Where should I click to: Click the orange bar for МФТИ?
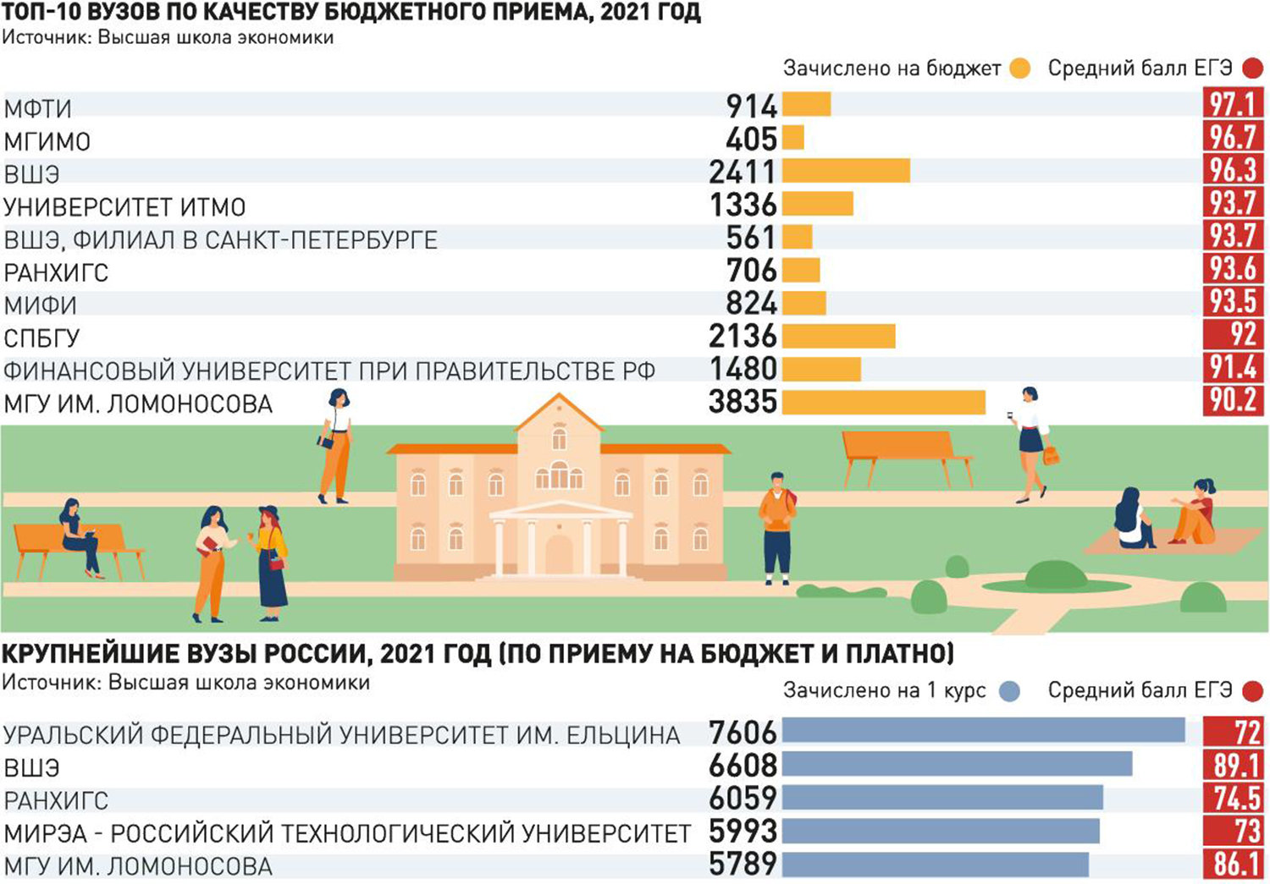(806, 104)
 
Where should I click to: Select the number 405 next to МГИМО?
(751, 139)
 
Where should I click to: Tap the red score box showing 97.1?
(1233, 104)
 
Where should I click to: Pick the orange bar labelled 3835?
(883, 402)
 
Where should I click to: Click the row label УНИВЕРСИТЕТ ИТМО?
(124, 207)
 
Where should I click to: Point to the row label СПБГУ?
(41, 338)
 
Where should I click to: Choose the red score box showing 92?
(1233, 334)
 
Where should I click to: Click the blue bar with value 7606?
(983, 730)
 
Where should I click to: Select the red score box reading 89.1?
(1233, 766)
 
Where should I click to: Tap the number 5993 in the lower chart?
(743, 832)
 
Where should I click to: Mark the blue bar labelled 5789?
(935, 865)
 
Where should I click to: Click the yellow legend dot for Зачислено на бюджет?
(1020, 69)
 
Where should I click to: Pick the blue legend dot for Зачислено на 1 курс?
(1009, 691)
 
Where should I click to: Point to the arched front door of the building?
(559, 554)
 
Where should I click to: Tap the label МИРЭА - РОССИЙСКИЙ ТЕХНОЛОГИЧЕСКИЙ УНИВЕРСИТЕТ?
(347, 833)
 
